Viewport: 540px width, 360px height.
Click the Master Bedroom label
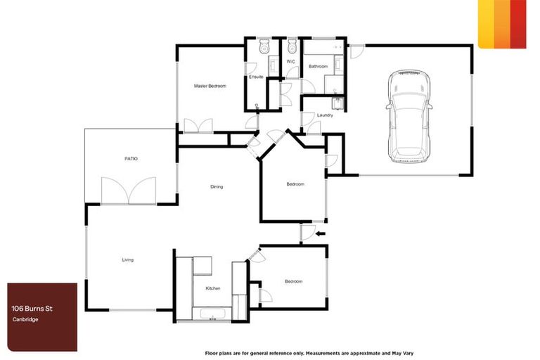point(210,86)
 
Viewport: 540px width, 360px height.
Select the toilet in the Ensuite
point(263,47)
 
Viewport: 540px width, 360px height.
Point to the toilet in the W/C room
point(292,47)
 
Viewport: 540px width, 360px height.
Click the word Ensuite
point(256,77)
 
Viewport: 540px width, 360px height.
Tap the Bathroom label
point(318,66)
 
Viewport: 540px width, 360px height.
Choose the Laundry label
point(325,115)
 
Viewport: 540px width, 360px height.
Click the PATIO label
point(131,159)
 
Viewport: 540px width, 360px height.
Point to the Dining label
point(217,186)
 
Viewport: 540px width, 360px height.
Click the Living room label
point(127,260)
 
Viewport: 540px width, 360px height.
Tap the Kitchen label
point(213,289)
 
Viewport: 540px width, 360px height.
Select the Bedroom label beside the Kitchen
point(293,281)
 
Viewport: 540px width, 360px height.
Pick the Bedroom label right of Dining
point(295,184)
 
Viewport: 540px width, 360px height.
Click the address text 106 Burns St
point(34,307)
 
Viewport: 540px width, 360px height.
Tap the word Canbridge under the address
point(25,320)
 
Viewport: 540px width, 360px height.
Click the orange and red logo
point(502,23)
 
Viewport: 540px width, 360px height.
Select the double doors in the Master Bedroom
point(198,126)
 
